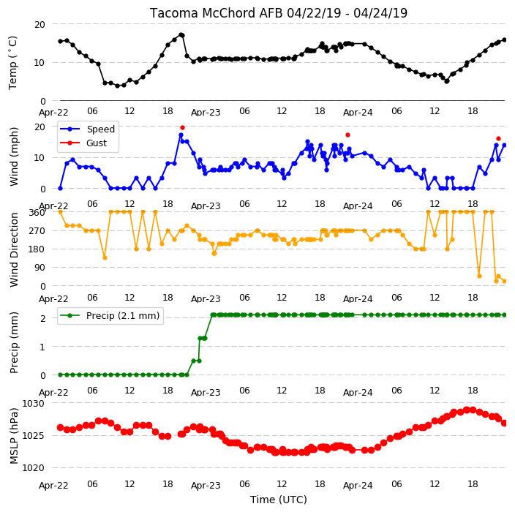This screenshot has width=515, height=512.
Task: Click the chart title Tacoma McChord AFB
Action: click(x=217, y=13)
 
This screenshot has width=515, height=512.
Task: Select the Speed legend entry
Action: click(x=100, y=129)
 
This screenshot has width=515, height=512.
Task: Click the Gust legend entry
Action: click(x=97, y=143)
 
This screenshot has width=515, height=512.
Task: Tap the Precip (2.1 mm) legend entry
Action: click(x=123, y=315)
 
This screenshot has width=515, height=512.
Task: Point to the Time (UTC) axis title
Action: click(x=279, y=500)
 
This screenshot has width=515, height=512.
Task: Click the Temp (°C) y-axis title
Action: click(x=12, y=63)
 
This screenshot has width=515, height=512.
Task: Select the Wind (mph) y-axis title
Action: click(x=14, y=157)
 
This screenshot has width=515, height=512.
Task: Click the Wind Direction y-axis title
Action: click(x=14, y=250)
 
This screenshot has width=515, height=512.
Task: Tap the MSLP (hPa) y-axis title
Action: click(x=14, y=436)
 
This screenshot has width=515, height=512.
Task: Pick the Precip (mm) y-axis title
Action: click(x=14, y=342)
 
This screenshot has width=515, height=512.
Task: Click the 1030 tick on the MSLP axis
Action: click(x=33, y=403)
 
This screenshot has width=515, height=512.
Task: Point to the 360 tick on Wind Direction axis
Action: click(x=37, y=213)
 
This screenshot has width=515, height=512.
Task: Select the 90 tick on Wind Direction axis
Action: click(x=40, y=268)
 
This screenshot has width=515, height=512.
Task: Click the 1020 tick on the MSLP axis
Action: click(x=33, y=467)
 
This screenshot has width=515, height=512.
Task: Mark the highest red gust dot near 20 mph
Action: click(x=183, y=127)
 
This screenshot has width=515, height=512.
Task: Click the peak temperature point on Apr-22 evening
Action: click(x=181, y=34)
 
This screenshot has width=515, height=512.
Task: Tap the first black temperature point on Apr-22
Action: click(x=61, y=41)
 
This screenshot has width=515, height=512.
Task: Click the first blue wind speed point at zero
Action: click(x=61, y=189)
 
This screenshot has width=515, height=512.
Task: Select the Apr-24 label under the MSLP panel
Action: click(x=358, y=485)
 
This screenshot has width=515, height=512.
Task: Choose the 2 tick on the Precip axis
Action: click(x=42, y=318)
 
